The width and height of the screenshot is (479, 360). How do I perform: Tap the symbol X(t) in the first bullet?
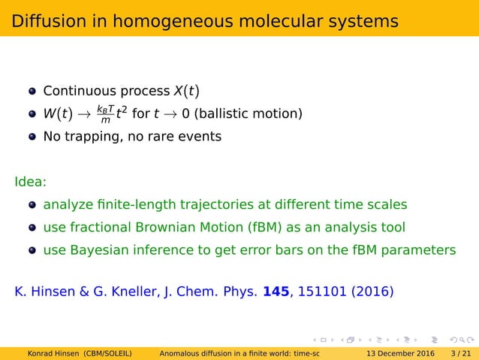coord(184,92)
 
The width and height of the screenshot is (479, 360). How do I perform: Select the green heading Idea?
coord(30,182)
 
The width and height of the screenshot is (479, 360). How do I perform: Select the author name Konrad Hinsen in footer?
coord(54,353)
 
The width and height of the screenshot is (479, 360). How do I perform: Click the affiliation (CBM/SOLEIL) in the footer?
coord(114,353)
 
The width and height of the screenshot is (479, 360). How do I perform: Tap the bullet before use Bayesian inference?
coord(32,250)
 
